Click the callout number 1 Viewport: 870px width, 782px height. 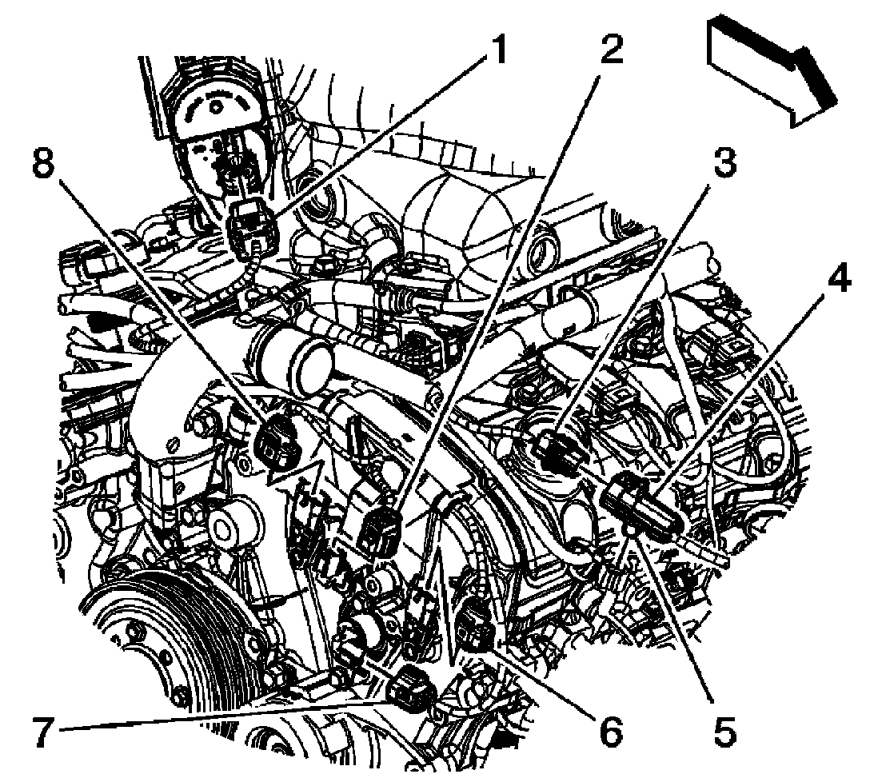click(497, 54)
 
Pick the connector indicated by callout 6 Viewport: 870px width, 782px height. click(478, 624)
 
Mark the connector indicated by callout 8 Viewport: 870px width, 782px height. click(279, 441)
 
